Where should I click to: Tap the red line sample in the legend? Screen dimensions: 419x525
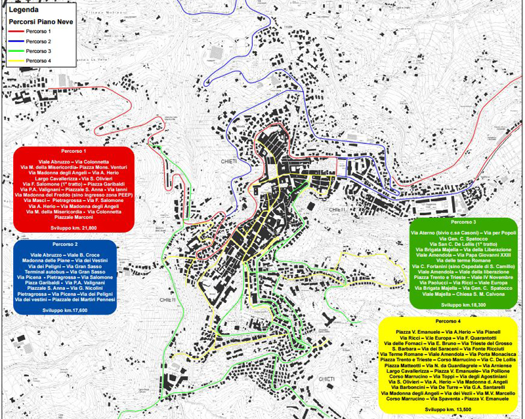pos(18,31)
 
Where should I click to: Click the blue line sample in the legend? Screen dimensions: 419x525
pos(18,41)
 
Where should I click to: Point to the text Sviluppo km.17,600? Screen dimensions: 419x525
pos(64,307)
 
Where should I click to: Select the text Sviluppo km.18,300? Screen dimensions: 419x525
pos(463,305)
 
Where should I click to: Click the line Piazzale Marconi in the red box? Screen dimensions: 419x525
pos(73,218)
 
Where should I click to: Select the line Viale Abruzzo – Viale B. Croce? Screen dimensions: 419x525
pos(64,254)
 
